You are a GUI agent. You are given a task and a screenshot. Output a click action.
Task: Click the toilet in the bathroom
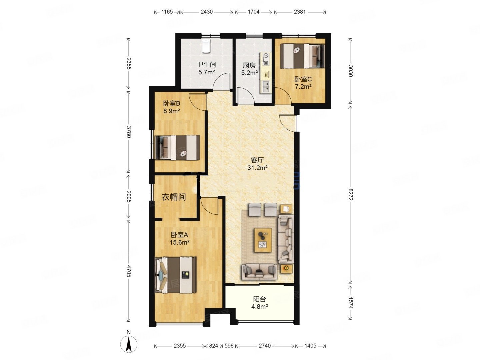[206, 46]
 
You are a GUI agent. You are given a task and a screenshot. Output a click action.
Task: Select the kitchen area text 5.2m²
[249, 73]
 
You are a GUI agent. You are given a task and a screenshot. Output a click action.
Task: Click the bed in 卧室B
[177, 147]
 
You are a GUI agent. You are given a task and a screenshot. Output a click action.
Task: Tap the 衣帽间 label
[174, 197]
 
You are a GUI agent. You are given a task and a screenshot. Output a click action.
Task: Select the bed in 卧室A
[175, 275]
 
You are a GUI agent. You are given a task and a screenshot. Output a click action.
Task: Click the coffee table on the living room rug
[263, 240]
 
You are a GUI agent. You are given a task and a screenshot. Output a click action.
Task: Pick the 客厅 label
[257, 160]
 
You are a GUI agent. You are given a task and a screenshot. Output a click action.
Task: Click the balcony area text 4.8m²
[260, 306]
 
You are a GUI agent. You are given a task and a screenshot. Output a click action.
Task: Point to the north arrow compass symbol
[129, 344]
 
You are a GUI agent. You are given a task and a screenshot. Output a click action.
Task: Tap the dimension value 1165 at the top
[167, 12]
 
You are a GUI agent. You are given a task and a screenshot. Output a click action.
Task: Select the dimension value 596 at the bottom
[229, 346]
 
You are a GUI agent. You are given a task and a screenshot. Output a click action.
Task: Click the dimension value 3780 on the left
[129, 132]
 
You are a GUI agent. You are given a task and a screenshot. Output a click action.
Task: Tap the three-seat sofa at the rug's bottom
[259, 272]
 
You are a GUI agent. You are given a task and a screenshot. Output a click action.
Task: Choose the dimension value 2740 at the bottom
[265, 346]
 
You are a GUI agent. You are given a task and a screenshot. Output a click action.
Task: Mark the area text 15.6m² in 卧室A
[180, 242]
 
